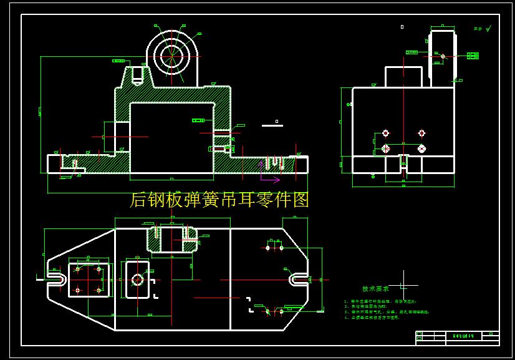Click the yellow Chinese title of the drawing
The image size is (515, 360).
point(219,200)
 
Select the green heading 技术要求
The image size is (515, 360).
point(375,289)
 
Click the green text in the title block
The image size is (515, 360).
point(463,336)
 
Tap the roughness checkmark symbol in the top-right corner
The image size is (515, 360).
point(488,28)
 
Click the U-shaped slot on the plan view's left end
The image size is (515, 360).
point(55,279)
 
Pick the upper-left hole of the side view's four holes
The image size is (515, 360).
point(385,133)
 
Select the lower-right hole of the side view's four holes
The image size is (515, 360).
point(421,148)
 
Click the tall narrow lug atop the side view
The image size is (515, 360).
point(442,57)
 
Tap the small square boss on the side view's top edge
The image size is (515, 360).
point(403,77)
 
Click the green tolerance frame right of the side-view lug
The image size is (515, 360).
point(473,56)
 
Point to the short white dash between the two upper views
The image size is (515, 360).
point(272,125)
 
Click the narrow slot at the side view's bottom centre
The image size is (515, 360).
point(403,165)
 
